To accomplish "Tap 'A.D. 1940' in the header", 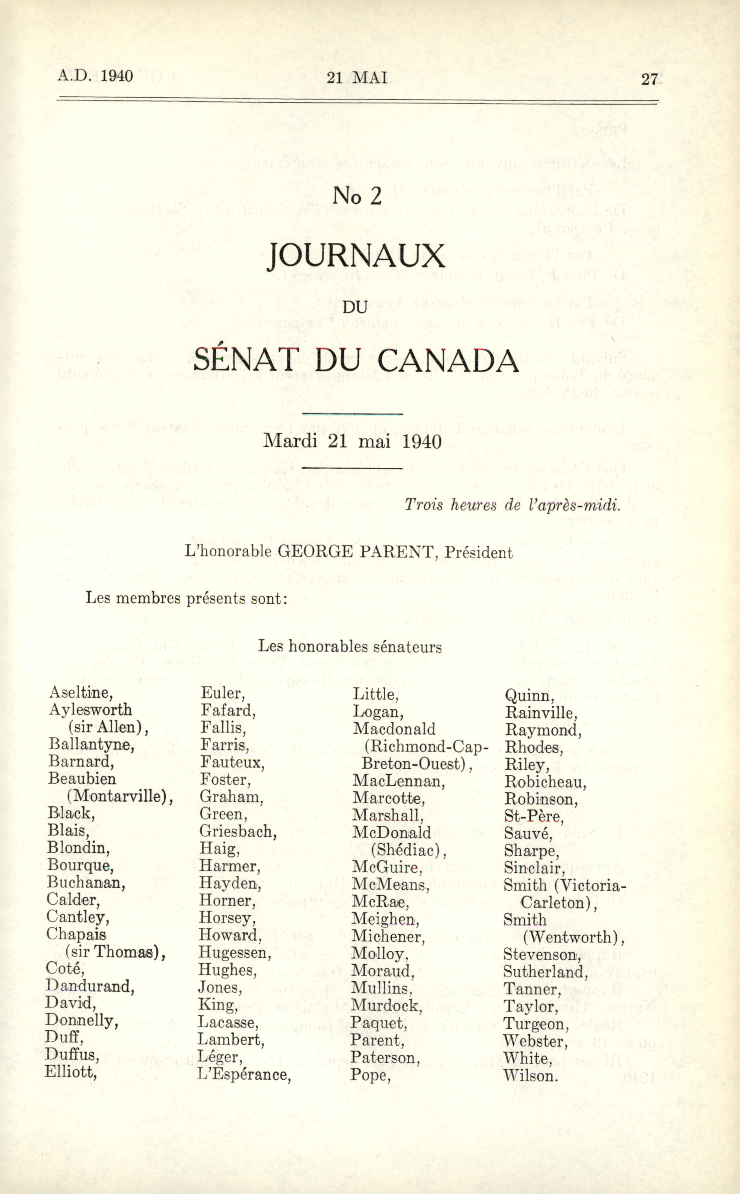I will coord(95,76).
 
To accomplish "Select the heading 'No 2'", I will coord(357,196).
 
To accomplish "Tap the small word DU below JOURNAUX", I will coord(356,307).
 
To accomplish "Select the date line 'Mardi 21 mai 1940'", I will coord(352,441).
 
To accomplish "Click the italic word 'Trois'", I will coord(424,505).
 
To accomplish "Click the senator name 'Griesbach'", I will coord(238,832).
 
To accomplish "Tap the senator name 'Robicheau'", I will coord(545,782).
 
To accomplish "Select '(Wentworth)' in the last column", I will coord(573,937).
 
